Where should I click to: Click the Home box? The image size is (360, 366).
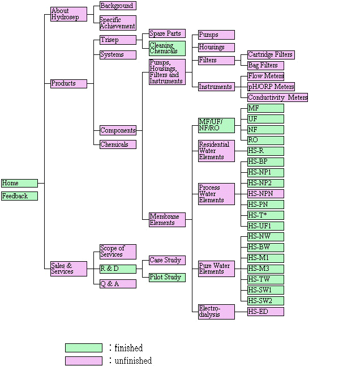tap(19, 183)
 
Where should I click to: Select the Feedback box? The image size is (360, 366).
tap(19, 196)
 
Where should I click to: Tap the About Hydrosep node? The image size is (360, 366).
tap(68, 14)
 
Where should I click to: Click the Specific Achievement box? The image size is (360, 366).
tap(118, 23)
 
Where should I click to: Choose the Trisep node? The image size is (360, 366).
tap(118, 40)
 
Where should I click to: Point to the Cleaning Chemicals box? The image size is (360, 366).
tap(167, 48)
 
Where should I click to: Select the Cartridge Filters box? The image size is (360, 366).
tap(271, 54)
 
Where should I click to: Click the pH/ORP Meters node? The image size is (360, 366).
tap(271, 87)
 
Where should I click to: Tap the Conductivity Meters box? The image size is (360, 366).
tap(277, 97)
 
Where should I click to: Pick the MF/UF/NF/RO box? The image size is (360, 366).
tap(216, 125)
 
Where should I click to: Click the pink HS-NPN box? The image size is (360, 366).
tap(265, 194)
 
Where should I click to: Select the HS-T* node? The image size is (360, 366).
tap(265, 215)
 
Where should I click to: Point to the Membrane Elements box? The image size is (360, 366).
tap(167, 220)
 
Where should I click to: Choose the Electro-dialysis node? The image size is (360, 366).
tap(216, 312)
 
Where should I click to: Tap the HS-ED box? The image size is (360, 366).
tap(265, 312)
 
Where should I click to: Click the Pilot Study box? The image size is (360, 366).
tap(167, 277)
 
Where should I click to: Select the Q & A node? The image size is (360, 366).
tap(118, 283)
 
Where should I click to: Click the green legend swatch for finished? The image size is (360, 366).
tap(83, 348)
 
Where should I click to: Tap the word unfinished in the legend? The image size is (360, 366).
tap(133, 360)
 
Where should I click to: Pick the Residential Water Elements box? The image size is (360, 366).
tap(216, 151)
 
